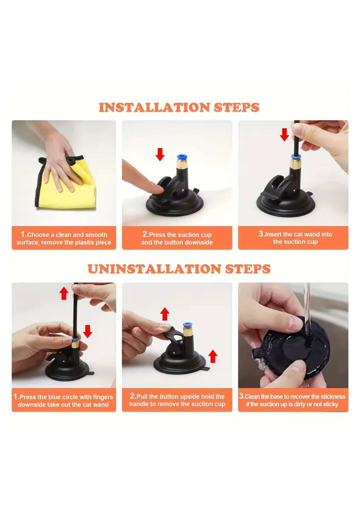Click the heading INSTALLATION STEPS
point(179,107)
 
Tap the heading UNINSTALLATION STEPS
point(179,268)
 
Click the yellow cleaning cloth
point(66,185)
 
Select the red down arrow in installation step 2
point(160,154)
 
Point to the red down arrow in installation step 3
point(284,134)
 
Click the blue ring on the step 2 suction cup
point(181,157)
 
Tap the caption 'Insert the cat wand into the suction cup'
point(295,238)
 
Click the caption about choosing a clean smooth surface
point(64,238)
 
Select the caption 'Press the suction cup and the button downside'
point(177,238)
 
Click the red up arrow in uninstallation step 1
point(64,293)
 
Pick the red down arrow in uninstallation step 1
point(87,331)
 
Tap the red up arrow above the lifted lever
point(165,314)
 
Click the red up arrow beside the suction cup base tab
point(213,356)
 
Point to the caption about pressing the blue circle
point(63,400)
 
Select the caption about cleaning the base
point(292,400)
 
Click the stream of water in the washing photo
point(307,315)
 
